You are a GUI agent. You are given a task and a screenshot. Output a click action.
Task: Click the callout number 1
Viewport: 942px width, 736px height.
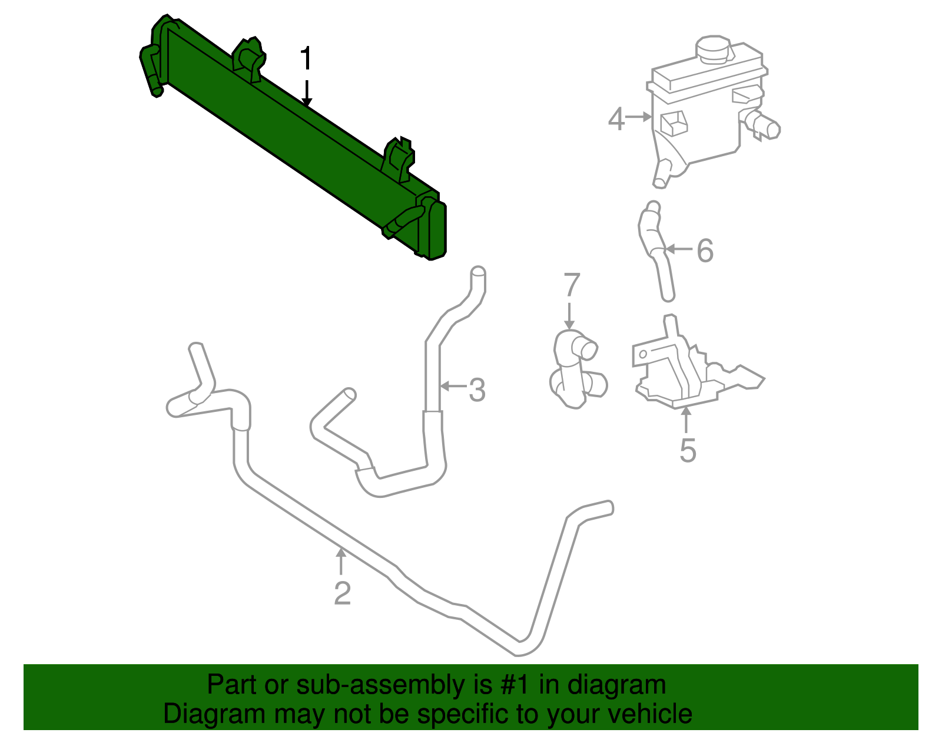[305, 60]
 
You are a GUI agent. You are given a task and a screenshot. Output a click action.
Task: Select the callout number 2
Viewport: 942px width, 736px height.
[342, 593]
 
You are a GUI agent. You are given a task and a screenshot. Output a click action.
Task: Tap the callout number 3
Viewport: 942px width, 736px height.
[477, 390]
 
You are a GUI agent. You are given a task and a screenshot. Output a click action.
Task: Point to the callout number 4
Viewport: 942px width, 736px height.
[616, 119]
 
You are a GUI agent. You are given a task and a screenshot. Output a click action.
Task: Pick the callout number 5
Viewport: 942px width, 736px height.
[688, 451]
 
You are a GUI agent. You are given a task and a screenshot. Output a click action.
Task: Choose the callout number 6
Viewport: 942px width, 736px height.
[705, 251]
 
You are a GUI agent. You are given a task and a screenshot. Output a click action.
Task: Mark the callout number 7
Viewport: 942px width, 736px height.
[572, 285]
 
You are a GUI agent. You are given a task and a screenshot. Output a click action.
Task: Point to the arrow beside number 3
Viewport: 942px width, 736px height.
[453, 387]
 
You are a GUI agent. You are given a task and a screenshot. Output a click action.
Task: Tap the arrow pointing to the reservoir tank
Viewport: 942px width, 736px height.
[638, 118]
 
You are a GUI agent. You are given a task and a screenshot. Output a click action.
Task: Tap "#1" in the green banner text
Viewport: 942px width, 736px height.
[516, 685]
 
